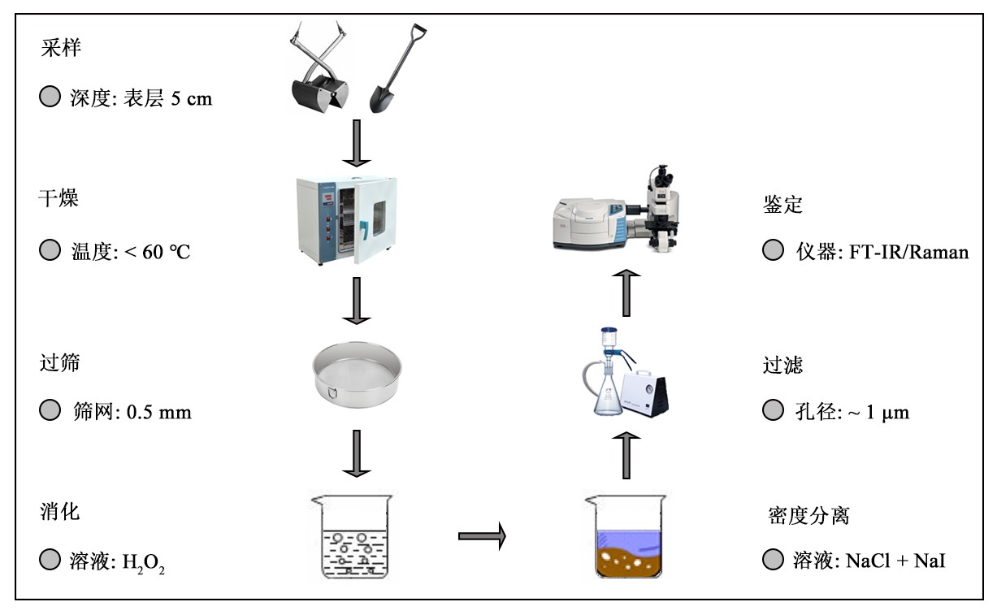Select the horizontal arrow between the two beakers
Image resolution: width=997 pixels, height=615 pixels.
click(482, 535)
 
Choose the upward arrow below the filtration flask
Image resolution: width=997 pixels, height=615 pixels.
click(626, 456)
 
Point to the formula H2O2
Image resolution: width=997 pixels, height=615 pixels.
click(144, 561)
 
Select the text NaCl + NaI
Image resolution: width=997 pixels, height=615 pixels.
click(896, 560)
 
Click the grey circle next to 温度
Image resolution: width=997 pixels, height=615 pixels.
click(50, 251)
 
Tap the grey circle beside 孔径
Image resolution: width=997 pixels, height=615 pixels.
click(773, 411)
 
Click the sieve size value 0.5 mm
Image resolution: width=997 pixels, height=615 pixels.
click(158, 412)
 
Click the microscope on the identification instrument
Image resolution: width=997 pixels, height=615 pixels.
click(667, 207)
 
